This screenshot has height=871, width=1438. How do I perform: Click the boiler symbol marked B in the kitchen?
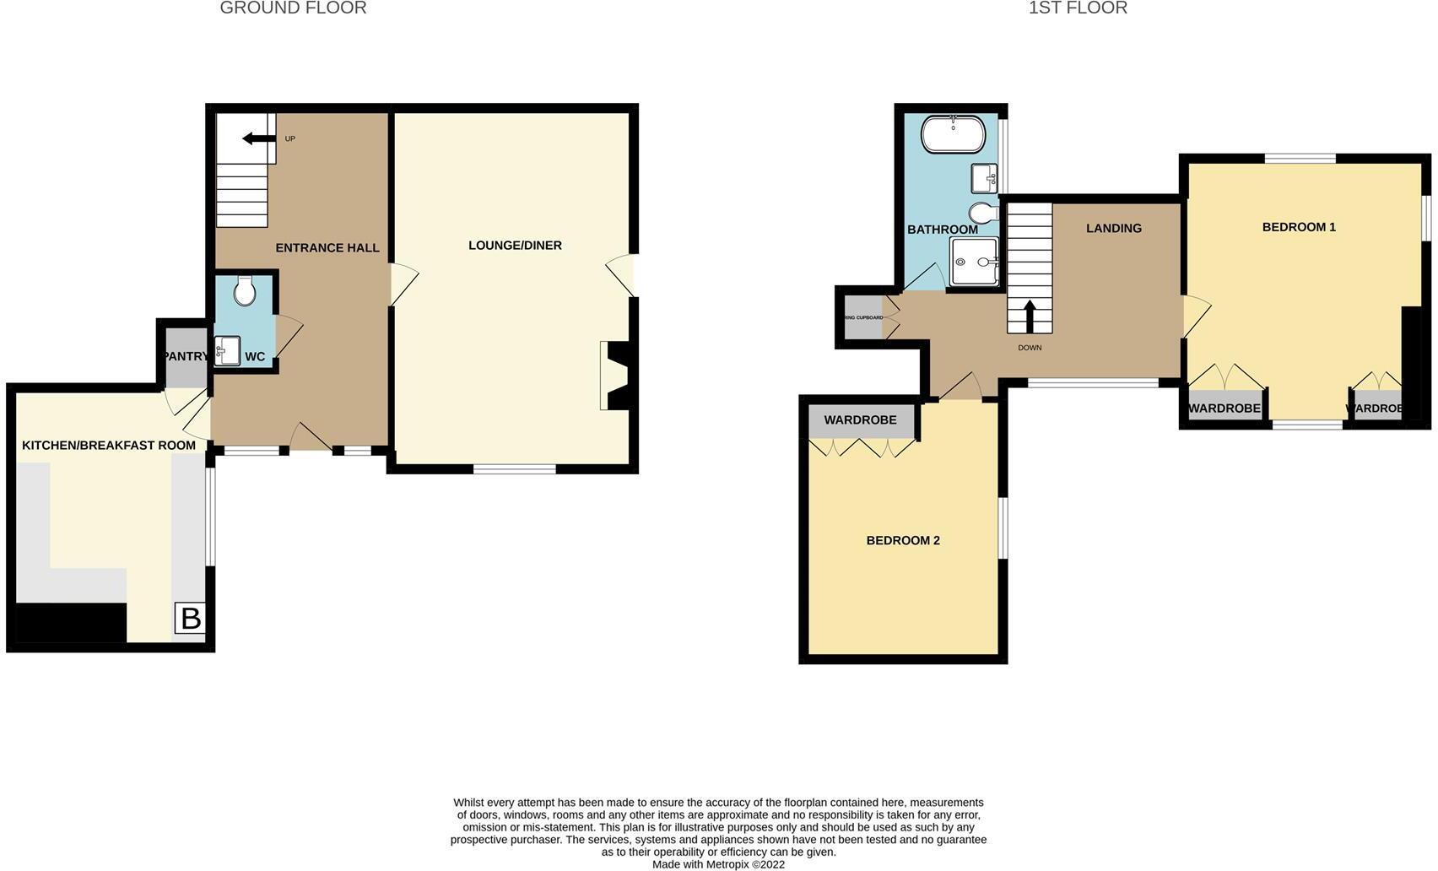pos(191,619)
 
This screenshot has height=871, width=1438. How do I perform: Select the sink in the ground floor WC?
pos(226,350)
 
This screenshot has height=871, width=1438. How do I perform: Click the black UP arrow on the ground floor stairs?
pos(259,138)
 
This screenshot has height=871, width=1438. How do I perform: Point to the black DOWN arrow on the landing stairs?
pos(1030,316)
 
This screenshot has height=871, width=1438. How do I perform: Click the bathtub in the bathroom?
pos(953,134)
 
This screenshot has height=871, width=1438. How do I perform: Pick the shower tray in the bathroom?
pos(974,262)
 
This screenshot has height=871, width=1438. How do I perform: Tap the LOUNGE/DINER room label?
pos(515,246)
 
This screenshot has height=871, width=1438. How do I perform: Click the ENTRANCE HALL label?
pos(327,248)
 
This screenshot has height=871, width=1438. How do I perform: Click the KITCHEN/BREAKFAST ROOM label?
pos(109,446)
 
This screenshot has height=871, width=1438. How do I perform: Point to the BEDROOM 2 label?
pos(903,540)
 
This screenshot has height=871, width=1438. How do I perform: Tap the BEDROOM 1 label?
pos(1299,227)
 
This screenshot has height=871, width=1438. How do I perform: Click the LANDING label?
pos(1114,229)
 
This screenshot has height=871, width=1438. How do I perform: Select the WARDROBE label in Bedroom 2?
pos(860,420)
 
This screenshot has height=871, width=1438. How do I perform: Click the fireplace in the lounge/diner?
pos(615,376)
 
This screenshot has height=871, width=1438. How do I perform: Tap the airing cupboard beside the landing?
pos(862,318)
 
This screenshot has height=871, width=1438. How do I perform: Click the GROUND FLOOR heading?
pos(293,8)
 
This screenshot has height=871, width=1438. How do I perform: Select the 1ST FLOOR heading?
pos(1078,8)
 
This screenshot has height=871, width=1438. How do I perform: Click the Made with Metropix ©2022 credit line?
pos(718,864)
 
